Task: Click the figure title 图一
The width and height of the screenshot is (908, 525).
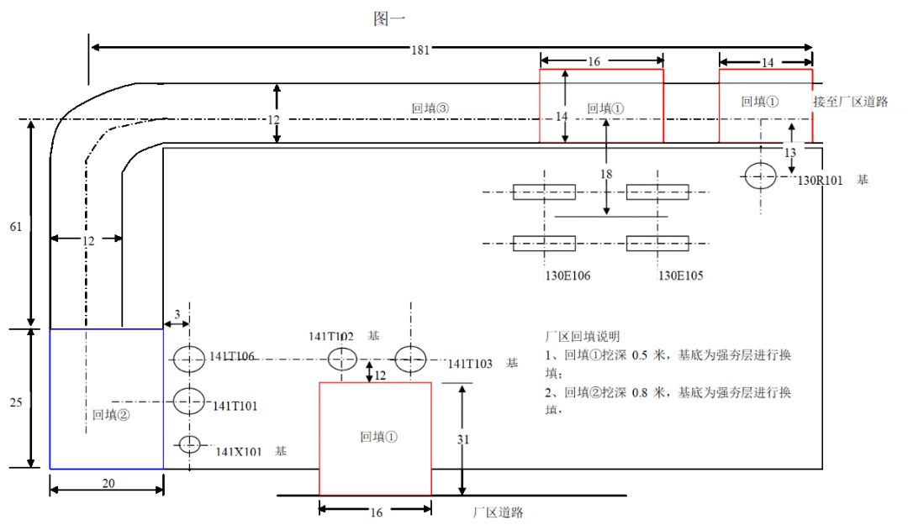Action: [390, 18]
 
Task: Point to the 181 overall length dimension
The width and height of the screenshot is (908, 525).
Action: [421, 50]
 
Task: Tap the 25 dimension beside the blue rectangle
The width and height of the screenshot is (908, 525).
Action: [15, 402]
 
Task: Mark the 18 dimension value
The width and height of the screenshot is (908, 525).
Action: [606, 174]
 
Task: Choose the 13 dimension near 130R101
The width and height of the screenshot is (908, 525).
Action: [789, 153]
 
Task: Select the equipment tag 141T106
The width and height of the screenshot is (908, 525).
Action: [233, 356]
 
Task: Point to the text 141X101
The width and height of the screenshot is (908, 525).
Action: [239, 452]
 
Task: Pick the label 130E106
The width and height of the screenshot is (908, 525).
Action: [569, 275]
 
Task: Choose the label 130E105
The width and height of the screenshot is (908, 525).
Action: [680, 275]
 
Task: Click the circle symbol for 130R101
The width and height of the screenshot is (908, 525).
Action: [760, 176]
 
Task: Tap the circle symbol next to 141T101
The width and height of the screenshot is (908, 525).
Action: [189, 401]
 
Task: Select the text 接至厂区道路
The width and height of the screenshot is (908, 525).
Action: [851, 102]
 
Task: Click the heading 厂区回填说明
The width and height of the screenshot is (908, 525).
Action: [583, 336]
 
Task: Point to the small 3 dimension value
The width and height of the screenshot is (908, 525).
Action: [177, 313]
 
